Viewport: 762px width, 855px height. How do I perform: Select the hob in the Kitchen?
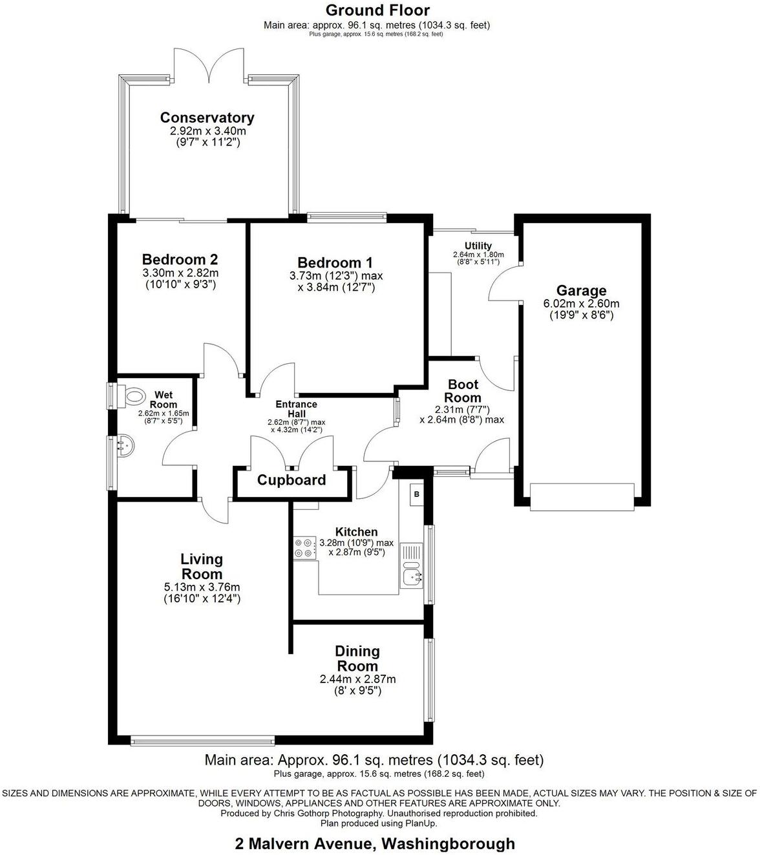pyautogui.click(x=304, y=548)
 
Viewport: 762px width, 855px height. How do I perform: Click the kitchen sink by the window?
pyautogui.click(x=411, y=564)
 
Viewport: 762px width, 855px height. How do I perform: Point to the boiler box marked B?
pyautogui.click(x=416, y=494)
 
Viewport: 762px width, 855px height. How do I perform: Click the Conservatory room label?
pyautogui.click(x=207, y=118)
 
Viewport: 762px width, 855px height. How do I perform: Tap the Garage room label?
pyautogui.click(x=581, y=291)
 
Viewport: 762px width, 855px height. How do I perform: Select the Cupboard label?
pyautogui.click(x=291, y=480)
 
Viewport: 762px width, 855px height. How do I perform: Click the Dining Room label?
pyautogui.click(x=357, y=659)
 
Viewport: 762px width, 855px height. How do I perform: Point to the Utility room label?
pyautogui.click(x=478, y=246)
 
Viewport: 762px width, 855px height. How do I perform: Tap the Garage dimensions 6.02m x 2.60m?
pyautogui.click(x=581, y=304)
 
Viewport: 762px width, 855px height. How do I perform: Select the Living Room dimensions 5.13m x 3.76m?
pyautogui.click(x=202, y=587)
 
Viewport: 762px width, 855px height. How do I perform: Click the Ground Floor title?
pyautogui.click(x=377, y=10)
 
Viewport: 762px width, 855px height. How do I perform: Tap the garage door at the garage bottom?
pyautogui.click(x=581, y=497)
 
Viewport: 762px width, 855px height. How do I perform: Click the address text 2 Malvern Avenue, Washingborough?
pyautogui.click(x=375, y=843)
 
